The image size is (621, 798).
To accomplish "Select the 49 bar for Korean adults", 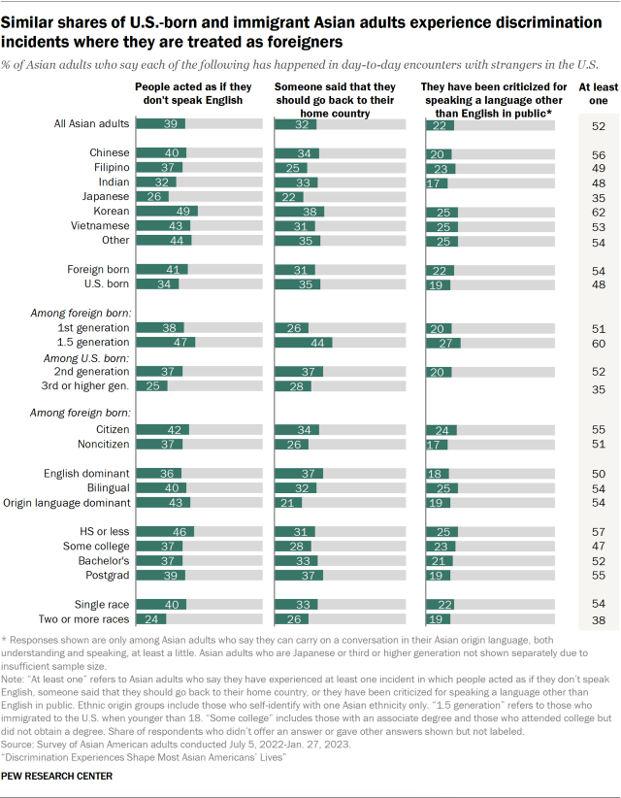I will pyautogui.click(x=167, y=211).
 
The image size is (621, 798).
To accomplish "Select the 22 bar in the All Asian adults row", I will pyautogui.click(x=441, y=124).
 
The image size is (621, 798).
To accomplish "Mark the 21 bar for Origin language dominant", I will pyautogui.click(x=288, y=502).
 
